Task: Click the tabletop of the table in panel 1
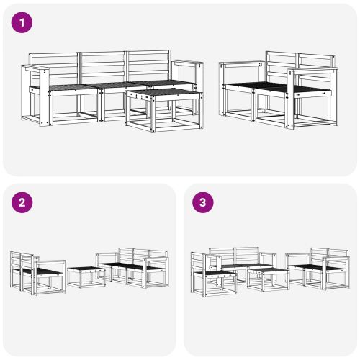[x=162, y=94]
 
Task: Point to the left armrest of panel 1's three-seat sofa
[x=35, y=68]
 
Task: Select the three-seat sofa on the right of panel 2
[x=133, y=269]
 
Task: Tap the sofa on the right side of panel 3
[x=317, y=268]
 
